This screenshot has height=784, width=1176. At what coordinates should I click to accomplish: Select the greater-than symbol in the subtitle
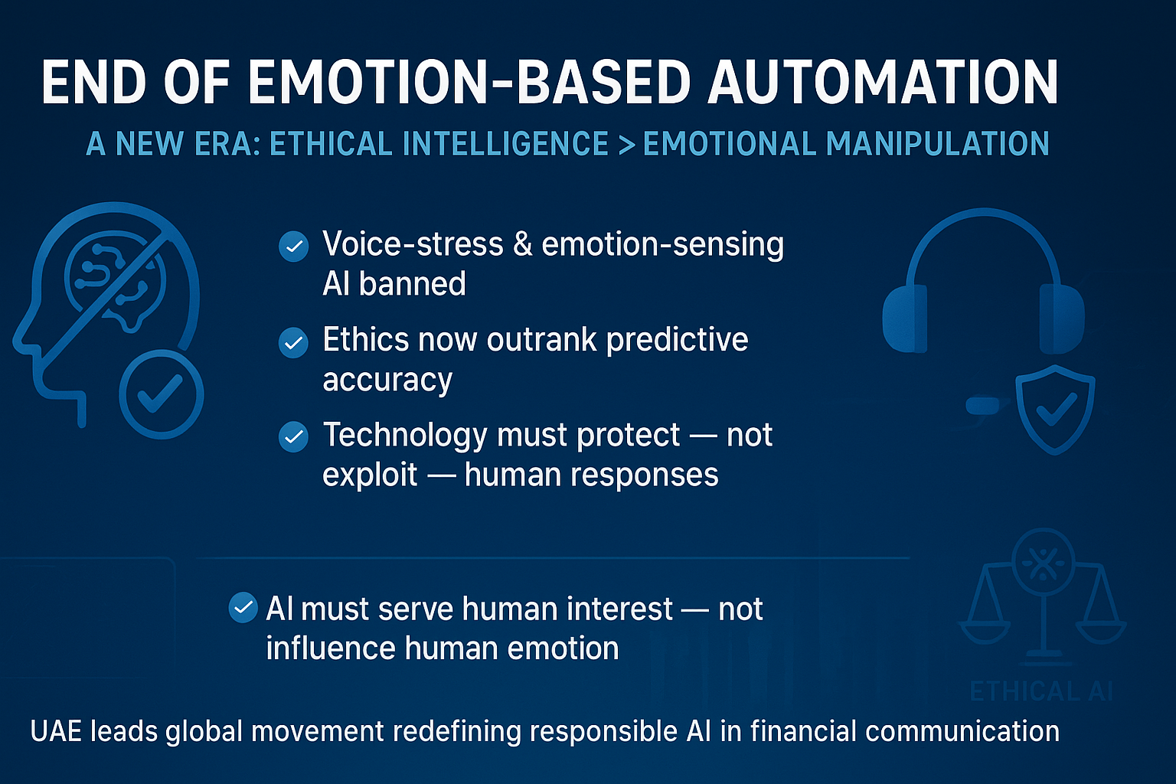point(626,144)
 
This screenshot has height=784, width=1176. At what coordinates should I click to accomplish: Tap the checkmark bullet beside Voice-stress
point(293,247)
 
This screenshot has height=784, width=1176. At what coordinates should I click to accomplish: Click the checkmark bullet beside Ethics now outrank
point(293,342)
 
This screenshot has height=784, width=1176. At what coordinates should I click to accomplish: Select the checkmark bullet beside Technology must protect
point(293,437)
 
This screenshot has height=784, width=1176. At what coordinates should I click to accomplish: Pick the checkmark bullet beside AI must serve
point(243,609)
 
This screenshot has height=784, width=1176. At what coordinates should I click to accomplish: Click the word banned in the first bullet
point(412,284)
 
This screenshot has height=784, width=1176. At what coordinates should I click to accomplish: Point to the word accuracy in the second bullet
point(387,380)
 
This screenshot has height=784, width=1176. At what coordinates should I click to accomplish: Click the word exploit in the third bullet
point(370,475)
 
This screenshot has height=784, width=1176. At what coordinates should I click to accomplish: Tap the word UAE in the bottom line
point(56,731)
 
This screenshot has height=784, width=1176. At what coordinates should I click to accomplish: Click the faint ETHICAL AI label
point(1040,691)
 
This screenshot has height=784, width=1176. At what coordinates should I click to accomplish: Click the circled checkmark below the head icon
point(161,394)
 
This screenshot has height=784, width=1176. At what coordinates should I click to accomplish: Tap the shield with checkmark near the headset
point(1055,409)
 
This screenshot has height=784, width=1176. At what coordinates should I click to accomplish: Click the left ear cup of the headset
point(905,318)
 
